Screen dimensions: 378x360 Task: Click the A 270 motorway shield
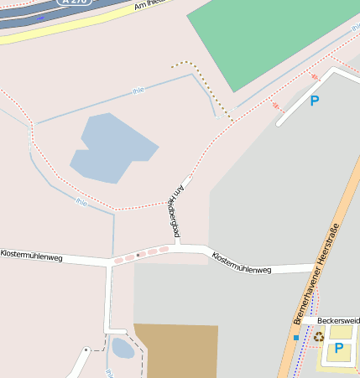(x=73, y=3)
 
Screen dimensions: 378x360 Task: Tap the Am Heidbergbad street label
(x=174, y=210)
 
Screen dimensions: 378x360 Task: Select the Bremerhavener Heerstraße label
(x=316, y=274)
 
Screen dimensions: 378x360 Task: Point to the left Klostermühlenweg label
(x=31, y=253)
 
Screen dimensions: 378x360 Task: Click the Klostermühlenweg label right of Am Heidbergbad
(x=242, y=263)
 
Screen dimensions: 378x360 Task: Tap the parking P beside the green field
(x=315, y=101)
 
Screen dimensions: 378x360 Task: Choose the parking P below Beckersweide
(x=338, y=348)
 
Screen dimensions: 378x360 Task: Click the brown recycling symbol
(x=319, y=337)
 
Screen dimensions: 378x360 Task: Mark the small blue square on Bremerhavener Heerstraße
(x=296, y=337)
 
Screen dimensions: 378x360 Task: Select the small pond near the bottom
(x=122, y=347)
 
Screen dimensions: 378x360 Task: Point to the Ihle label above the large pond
(x=138, y=91)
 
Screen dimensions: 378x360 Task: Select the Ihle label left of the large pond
(x=81, y=202)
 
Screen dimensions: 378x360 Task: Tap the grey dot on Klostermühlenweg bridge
(x=137, y=253)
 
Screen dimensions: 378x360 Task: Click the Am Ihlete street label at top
(x=149, y=5)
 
